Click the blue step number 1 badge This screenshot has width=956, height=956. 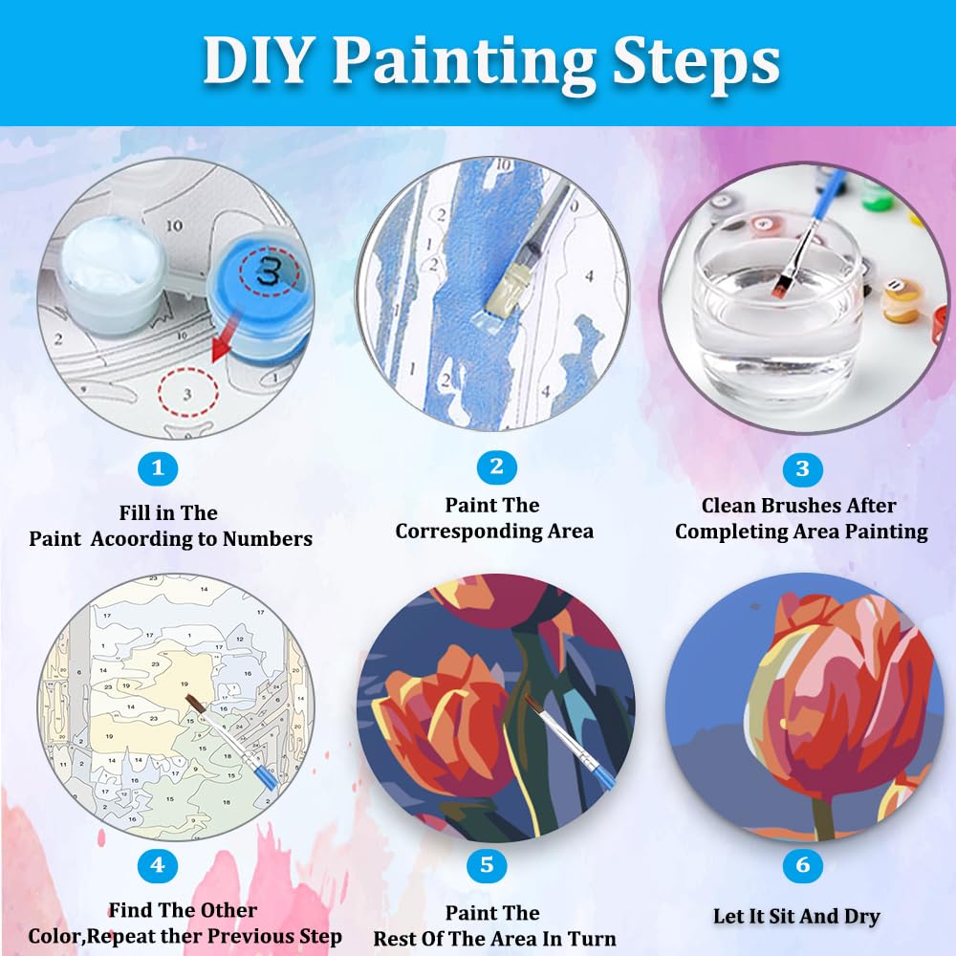(158, 468)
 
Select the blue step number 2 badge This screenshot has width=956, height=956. (496, 467)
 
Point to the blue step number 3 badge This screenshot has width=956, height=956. (802, 468)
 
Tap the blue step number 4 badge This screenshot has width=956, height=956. (158, 864)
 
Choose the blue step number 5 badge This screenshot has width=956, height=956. (487, 864)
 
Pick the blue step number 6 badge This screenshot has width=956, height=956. (802, 864)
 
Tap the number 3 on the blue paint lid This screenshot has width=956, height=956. (269, 271)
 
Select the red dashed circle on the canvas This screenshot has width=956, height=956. (187, 392)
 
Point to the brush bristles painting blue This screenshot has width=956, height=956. (504, 293)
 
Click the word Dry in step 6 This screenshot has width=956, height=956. (861, 917)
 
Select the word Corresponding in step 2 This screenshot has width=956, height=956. (467, 532)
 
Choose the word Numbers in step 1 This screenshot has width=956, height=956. (267, 539)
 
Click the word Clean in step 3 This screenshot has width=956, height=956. (728, 506)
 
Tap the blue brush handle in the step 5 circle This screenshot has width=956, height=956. (601, 773)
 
